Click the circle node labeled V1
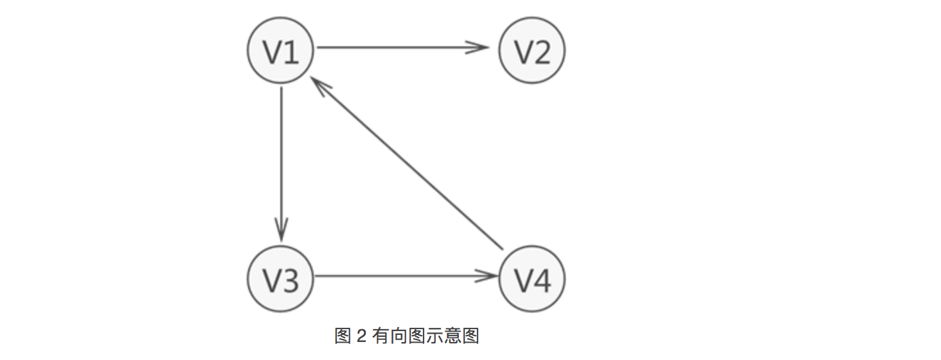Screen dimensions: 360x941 pos(281,51)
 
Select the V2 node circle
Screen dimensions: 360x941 pos(532,51)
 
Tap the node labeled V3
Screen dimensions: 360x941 pos(281,279)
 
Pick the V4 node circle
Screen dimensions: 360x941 pos(532,279)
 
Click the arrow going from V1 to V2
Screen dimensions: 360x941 pos(399,47)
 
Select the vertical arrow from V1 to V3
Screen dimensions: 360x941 pos(281,161)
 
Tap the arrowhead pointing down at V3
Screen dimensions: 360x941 pos(281,230)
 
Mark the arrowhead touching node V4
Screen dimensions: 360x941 pos(488,276)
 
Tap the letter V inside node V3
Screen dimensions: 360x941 pos(272,280)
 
